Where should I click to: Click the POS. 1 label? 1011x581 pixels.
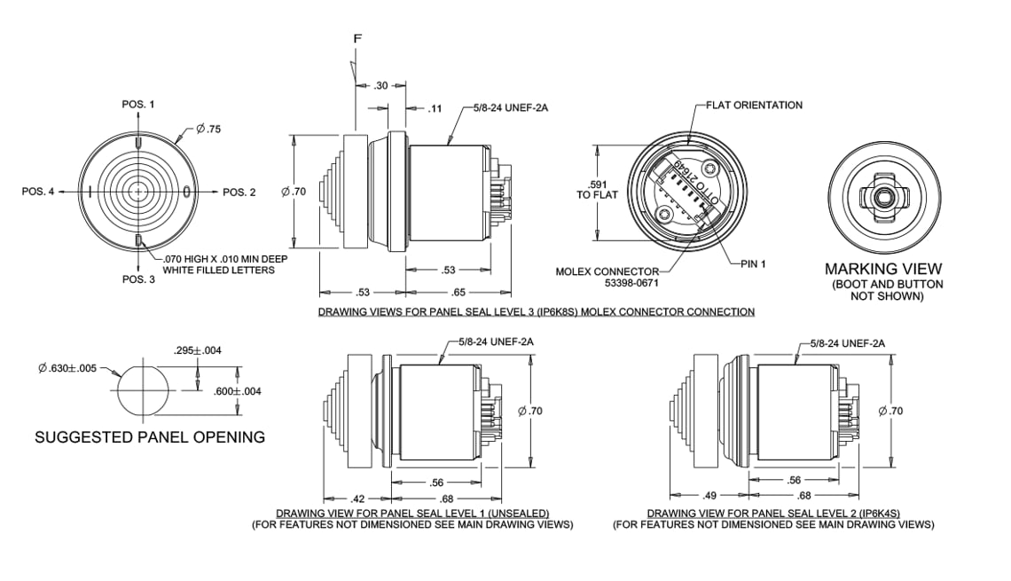tap(137, 105)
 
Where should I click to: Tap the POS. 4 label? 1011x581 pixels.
tap(38, 192)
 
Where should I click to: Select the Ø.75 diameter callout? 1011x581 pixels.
tap(208, 129)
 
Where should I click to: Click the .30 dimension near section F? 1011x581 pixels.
tap(380, 85)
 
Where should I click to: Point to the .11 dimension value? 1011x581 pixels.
tap(435, 108)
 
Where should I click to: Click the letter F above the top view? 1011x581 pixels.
tap(357, 40)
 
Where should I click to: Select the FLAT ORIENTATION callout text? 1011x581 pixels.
tap(754, 105)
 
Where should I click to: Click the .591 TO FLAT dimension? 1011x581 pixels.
tap(597, 189)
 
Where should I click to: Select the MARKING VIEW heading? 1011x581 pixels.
tap(883, 269)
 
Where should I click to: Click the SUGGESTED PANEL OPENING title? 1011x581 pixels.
tap(149, 437)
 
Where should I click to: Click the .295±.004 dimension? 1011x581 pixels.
tap(197, 350)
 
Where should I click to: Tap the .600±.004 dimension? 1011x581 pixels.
tap(238, 391)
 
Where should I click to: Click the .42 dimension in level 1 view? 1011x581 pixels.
tap(359, 497)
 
